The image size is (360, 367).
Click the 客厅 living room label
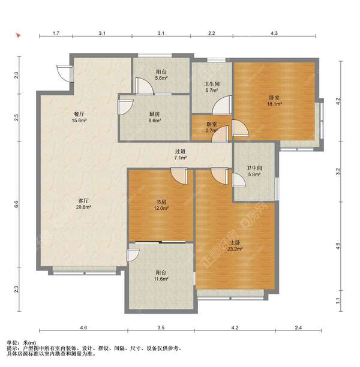pos(83,201)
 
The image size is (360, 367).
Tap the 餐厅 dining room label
pos(79,114)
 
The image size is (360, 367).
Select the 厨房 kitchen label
pos(154,114)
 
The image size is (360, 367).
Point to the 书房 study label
pos(161,201)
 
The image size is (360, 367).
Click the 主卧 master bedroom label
pos(235,243)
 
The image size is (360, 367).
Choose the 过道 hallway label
pos(180,152)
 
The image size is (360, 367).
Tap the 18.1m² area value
pos(274,104)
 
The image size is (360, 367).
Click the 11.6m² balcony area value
pos(161,279)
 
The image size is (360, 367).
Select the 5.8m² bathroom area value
pos(254,175)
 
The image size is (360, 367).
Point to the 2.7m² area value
pos(212,130)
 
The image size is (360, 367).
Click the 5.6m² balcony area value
pos(161,78)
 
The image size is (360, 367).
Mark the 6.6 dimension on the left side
pos(16,204)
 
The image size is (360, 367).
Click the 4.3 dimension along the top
pos(274,33)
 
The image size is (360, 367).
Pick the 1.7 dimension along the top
pos(56,33)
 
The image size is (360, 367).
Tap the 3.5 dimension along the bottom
pos(161,327)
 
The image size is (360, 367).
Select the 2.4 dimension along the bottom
pos(298,327)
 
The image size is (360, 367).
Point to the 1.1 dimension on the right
pos(338,301)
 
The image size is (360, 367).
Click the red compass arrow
pos(18,35)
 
